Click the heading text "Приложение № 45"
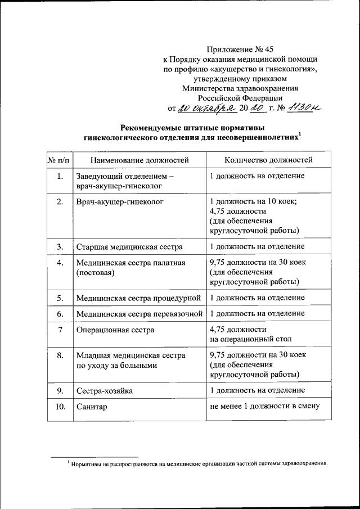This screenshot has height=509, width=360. tap(240, 49)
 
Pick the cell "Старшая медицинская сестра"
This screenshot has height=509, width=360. tap(129, 247)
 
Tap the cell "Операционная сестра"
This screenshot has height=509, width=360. tap(115, 330)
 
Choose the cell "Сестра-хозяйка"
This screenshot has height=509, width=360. tap(105, 390)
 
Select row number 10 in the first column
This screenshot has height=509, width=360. tap(60, 406)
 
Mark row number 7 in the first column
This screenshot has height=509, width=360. tap(60, 330)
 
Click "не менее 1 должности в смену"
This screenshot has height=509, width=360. tap(264, 406)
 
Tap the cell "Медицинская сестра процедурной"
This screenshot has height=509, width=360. tap(138, 297)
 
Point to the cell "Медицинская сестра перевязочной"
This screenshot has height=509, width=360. tap(138, 313)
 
